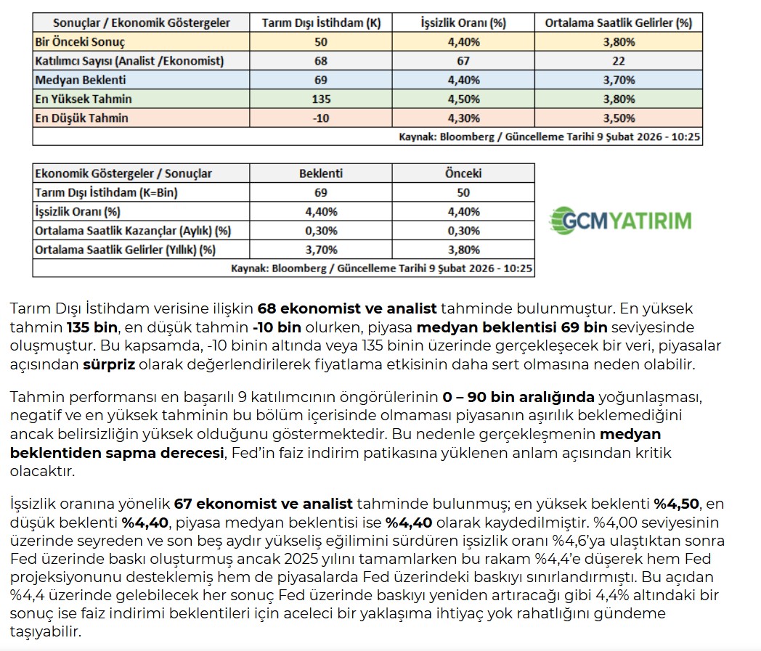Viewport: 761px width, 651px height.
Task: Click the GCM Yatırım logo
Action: [x=620, y=220]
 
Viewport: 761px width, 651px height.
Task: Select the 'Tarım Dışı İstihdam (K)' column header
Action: [x=321, y=23]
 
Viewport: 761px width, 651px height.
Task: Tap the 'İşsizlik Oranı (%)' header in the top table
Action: [x=463, y=23]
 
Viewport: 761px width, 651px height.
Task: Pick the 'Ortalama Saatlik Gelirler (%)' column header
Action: [x=618, y=23]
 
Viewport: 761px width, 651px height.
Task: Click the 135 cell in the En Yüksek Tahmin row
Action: [x=321, y=99]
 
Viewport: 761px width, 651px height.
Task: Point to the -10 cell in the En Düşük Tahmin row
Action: [x=321, y=118]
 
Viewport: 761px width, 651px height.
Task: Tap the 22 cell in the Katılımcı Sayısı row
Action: [x=618, y=61]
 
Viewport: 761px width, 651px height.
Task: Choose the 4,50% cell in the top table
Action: [x=463, y=99]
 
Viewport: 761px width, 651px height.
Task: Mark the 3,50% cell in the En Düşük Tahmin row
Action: [x=618, y=118]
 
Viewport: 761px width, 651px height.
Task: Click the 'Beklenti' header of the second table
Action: [x=321, y=173]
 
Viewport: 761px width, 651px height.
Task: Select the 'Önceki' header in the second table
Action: [x=463, y=173]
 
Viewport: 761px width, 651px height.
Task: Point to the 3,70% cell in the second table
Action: [x=321, y=250]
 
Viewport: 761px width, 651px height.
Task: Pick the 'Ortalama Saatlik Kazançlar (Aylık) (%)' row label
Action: [x=132, y=231]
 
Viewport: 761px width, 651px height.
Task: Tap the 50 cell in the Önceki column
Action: [x=463, y=192]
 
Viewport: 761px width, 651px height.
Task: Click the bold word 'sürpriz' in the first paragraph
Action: [x=109, y=364]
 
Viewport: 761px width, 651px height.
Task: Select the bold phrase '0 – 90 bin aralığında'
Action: [x=518, y=397]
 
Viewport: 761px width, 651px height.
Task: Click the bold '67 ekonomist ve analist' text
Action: [x=263, y=504]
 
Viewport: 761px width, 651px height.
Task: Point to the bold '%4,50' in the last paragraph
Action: [x=678, y=504]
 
